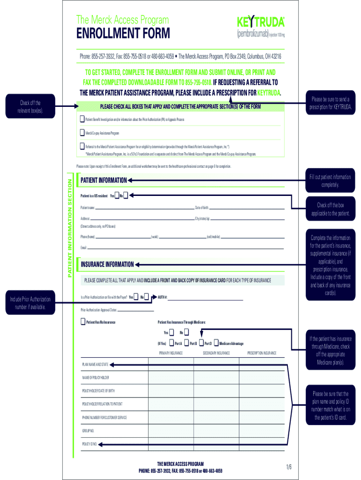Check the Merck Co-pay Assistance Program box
pos(83,133)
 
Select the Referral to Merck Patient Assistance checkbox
pos(83,146)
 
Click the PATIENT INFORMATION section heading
pos(104,180)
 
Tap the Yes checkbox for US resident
pos(117,195)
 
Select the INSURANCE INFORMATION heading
pos(107,264)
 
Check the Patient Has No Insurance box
pos(83,322)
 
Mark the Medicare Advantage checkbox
pos(216,343)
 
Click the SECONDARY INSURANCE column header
pos(216,353)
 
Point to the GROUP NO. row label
pos(88,430)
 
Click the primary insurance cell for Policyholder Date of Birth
pos(171,390)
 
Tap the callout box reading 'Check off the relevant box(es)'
pos(30,106)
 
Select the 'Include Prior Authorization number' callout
pos(30,303)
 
